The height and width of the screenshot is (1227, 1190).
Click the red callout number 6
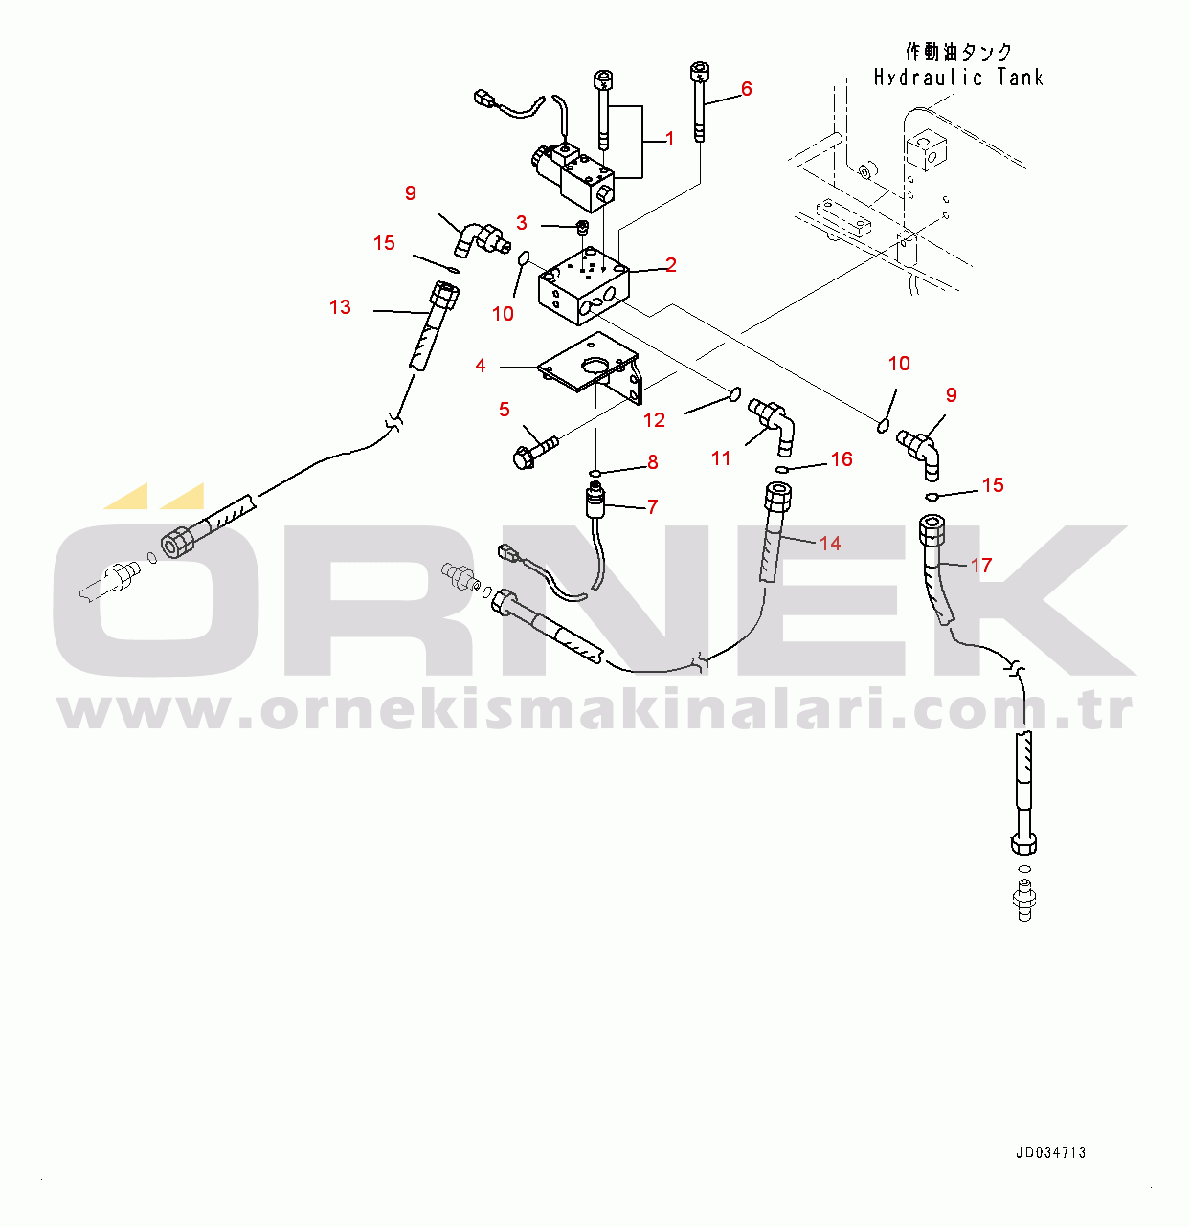pos(746,89)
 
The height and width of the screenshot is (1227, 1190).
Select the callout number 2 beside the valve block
pos(671,265)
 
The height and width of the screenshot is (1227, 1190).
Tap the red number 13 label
pos(340,307)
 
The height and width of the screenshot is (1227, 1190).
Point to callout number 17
pos(981,565)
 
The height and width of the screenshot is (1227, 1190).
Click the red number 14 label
pos(830,543)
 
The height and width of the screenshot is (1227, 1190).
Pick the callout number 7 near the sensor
pos(653,506)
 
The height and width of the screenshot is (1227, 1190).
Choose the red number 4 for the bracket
pos(481,365)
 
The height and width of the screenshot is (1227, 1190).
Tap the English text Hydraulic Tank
pos(958,78)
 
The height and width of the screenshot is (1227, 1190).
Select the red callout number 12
pos(654,420)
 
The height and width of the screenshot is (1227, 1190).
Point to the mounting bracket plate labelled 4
pos(590,368)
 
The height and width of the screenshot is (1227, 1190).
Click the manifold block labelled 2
pos(584,287)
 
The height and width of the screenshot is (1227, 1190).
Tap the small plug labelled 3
pos(583,227)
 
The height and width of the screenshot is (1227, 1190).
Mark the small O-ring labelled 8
pos(595,473)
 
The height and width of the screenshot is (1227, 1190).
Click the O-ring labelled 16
pos(781,468)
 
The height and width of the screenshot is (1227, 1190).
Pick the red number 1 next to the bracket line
pos(670,139)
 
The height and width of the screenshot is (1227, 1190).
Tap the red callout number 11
pos(721,458)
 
